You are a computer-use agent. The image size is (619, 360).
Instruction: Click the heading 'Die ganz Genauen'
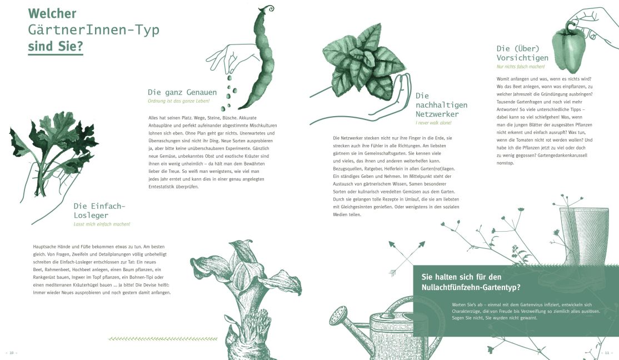(182, 92)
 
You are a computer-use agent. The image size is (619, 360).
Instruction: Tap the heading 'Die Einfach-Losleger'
(99, 211)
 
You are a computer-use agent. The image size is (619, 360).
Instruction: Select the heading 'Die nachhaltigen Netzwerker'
(441, 105)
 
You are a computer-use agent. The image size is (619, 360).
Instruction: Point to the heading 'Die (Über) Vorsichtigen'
(523, 53)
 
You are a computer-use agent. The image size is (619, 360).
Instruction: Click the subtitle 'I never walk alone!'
(433, 123)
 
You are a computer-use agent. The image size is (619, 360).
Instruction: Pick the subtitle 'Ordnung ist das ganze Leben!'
(178, 101)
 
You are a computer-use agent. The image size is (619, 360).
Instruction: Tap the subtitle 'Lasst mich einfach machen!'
(102, 224)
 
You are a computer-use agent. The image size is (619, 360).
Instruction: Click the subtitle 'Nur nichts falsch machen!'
(520, 67)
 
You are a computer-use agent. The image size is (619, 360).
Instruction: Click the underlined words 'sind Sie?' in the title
(55, 46)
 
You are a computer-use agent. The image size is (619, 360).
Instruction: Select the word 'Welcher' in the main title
(52, 13)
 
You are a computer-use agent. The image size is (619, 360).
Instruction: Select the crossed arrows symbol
(406, 258)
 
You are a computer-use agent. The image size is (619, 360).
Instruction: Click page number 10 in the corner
(12, 352)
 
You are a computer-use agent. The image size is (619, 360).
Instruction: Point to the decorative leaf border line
(163, 339)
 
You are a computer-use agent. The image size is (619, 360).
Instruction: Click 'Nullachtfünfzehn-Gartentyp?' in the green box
(471, 287)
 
